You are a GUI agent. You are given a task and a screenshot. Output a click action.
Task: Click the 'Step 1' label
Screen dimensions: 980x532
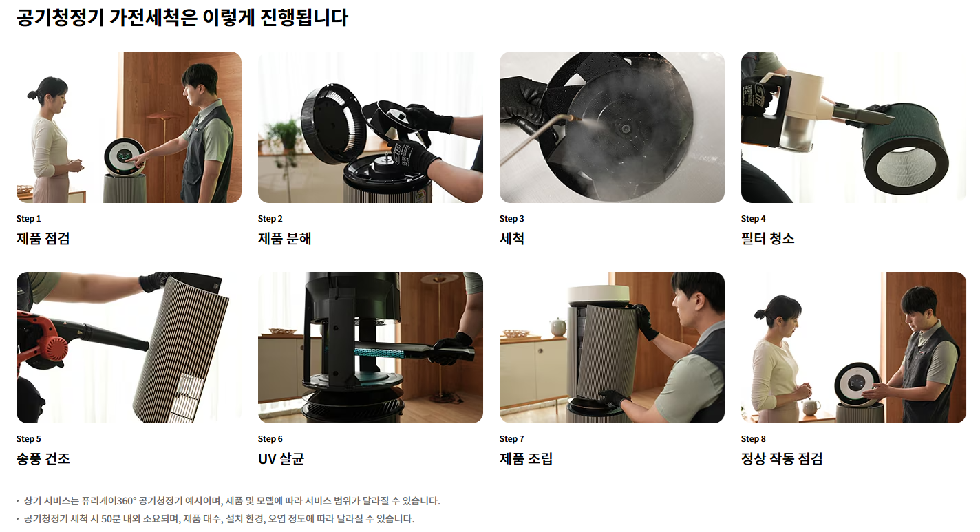click(x=28, y=218)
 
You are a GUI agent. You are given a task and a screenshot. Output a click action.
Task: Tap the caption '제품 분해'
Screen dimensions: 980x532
click(x=284, y=238)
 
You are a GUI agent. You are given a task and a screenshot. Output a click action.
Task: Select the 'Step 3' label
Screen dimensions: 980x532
click(x=511, y=218)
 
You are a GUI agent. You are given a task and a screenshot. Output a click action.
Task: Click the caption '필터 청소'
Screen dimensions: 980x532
click(x=767, y=238)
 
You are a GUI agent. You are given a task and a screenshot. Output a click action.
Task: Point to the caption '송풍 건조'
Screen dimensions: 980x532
click(x=43, y=458)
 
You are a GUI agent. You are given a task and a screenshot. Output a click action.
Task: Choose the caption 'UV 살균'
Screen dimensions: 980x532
click(x=281, y=458)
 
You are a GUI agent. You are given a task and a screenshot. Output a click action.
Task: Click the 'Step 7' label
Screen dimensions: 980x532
click(x=511, y=438)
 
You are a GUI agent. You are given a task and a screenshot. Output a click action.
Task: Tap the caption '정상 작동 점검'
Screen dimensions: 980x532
click(x=781, y=458)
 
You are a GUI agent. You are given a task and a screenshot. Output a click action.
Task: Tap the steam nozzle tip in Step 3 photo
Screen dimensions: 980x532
click(x=577, y=118)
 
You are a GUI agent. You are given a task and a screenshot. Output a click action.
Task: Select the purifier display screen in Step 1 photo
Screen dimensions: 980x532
click(x=127, y=156)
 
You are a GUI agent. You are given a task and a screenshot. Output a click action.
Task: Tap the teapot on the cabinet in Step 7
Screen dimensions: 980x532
click(x=558, y=327)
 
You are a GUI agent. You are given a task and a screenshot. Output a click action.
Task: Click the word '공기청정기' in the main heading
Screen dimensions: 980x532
click(x=59, y=18)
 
